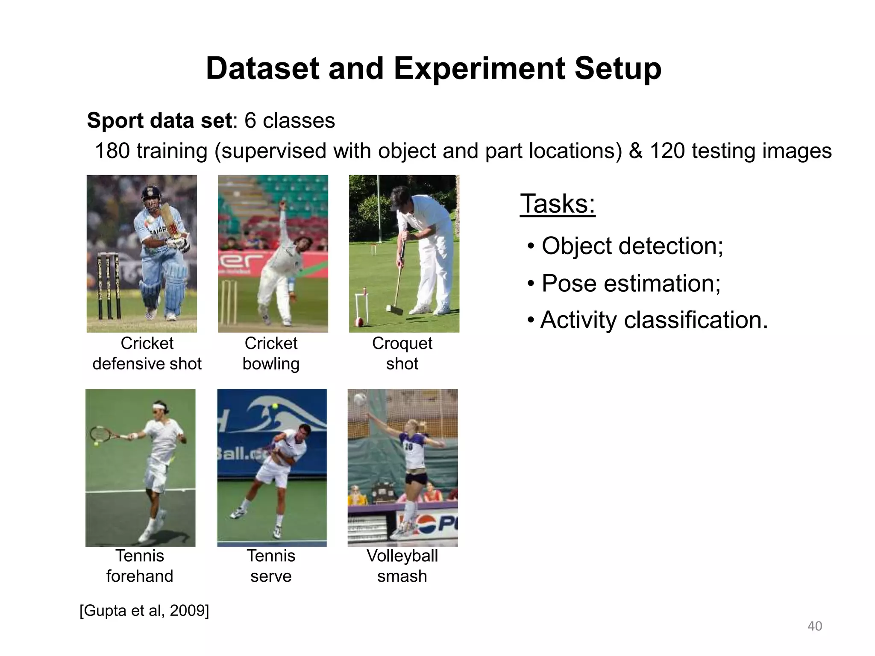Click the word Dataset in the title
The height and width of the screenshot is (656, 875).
[x=262, y=69]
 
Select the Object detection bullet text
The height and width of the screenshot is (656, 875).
[x=632, y=246]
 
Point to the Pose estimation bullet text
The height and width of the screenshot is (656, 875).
[x=631, y=283]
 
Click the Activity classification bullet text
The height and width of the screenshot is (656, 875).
[x=653, y=320]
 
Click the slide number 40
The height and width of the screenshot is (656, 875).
[x=814, y=626]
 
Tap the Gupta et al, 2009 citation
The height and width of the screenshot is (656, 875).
[x=144, y=610]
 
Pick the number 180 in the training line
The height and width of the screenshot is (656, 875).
[x=112, y=151]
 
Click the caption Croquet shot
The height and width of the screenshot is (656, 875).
[x=402, y=353]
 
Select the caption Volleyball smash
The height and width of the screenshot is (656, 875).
[x=402, y=566]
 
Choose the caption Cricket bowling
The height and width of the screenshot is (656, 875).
[x=271, y=353]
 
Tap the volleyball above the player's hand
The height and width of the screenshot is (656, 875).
[x=361, y=400]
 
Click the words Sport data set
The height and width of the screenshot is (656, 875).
[x=159, y=121]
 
